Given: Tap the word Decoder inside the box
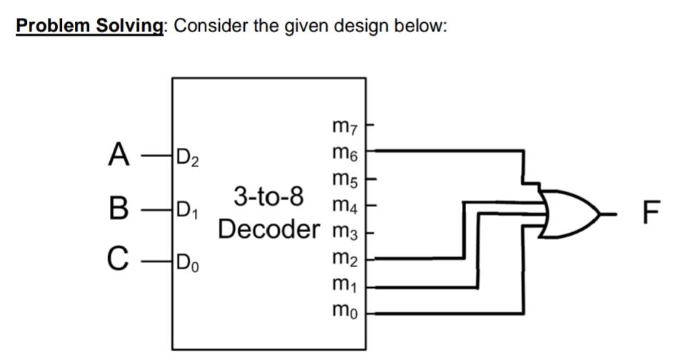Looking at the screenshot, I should [x=270, y=229].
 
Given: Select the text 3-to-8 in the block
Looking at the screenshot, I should [x=268, y=195].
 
